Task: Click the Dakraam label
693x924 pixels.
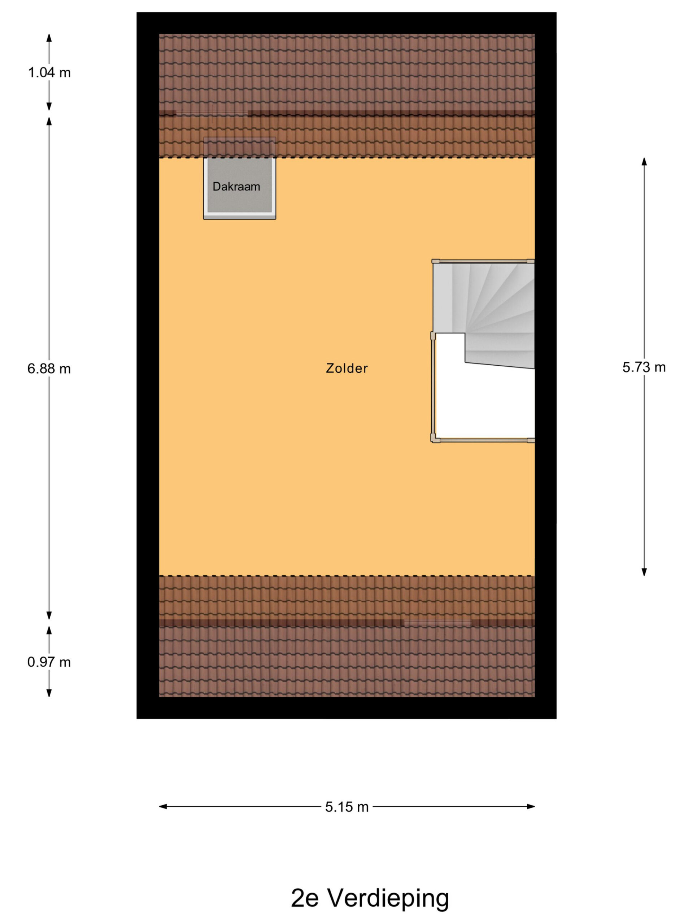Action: tap(236, 187)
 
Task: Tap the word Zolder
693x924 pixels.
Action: tap(347, 368)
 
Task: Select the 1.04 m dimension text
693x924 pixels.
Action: tap(49, 73)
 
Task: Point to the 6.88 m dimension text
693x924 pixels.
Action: tap(49, 369)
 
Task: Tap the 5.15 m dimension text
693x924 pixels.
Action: tap(347, 807)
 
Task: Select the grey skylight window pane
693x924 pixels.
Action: tap(239, 185)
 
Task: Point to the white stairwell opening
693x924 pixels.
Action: tap(484, 401)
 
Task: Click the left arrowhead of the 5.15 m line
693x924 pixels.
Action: tap(163, 807)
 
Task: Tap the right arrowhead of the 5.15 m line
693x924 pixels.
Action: tap(531, 807)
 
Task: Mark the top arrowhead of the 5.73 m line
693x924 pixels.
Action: tap(644, 162)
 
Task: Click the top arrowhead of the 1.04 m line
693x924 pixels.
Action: tap(49, 38)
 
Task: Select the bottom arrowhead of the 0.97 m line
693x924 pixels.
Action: tap(49, 693)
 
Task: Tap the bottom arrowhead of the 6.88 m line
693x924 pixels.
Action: tap(49, 615)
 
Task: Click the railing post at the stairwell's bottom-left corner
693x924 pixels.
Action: tap(435, 440)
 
